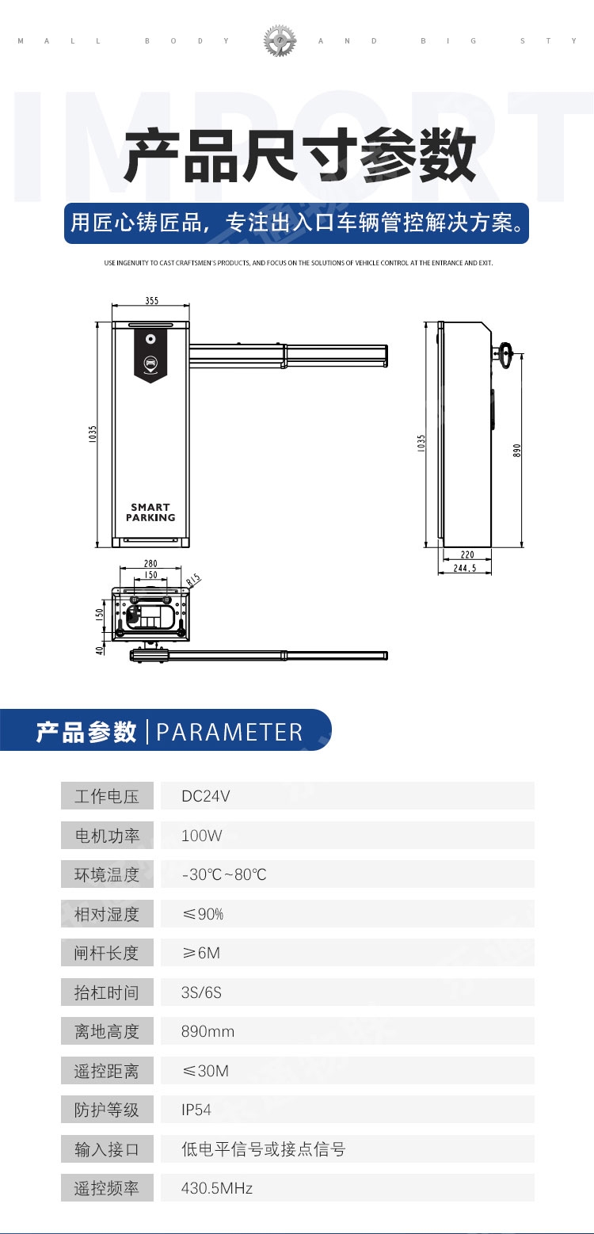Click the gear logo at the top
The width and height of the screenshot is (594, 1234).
(280, 40)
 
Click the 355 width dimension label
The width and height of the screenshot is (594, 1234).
(151, 301)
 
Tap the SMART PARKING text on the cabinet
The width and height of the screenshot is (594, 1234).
(150, 512)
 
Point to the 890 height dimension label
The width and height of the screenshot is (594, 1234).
(516, 451)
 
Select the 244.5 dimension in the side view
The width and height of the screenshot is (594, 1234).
(465, 568)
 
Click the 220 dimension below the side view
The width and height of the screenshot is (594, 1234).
(467, 554)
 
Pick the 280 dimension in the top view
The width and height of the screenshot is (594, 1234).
(150, 564)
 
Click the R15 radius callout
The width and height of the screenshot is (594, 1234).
(193, 580)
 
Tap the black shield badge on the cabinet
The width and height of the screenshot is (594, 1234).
(150, 353)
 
